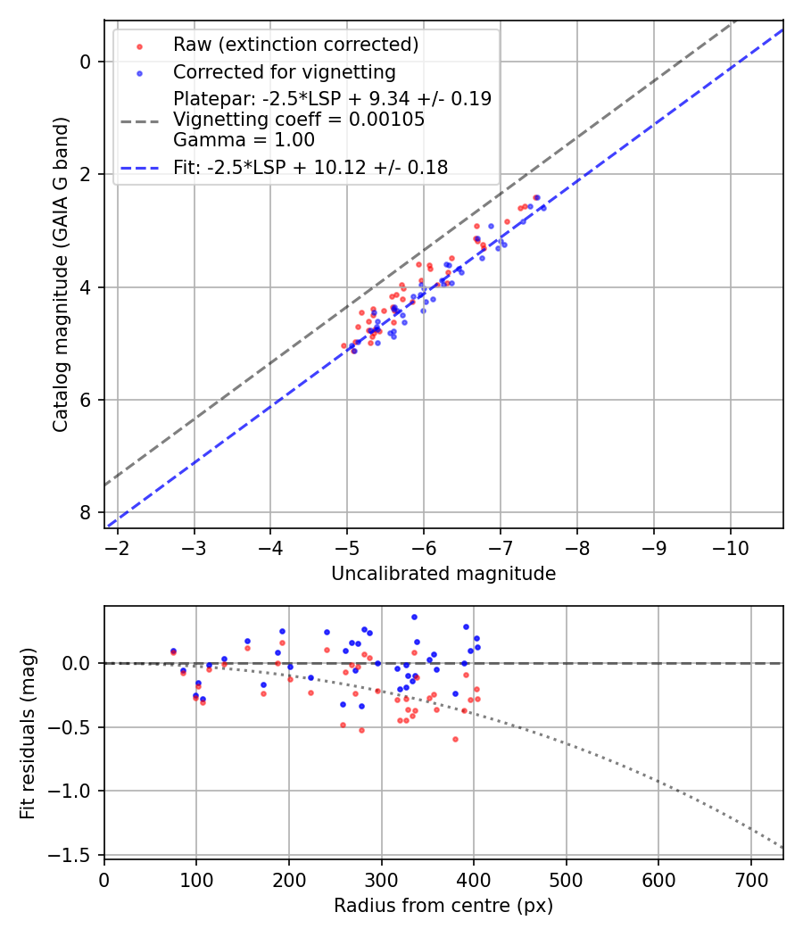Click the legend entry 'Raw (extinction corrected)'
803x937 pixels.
click(x=295, y=45)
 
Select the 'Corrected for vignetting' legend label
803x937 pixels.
click(x=285, y=71)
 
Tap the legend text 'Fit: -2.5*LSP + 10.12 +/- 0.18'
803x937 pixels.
click(x=310, y=167)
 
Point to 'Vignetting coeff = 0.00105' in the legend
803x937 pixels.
click(x=299, y=120)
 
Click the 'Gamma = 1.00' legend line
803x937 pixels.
click(x=244, y=140)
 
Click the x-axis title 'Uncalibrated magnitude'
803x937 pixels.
click(x=443, y=574)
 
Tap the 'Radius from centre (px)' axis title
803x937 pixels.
click(x=443, y=906)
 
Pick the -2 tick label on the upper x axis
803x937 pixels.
click(x=118, y=546)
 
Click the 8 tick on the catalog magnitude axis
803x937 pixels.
click(x=86, y=512)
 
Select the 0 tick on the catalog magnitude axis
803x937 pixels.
click(x=86, y=62)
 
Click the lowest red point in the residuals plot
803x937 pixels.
click(x=455, y=739)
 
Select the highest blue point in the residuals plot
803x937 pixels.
click(x=414, y=617)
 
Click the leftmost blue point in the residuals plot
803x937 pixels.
click(x=173, y=651)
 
